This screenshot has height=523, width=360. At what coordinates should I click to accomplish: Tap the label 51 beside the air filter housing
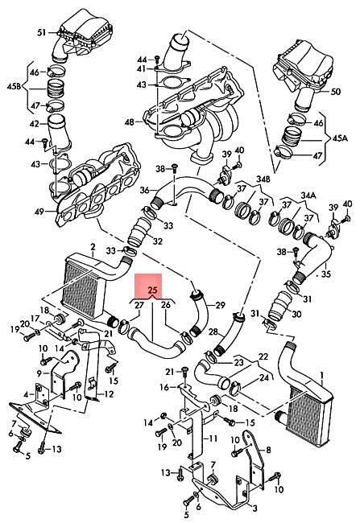coord(41,33)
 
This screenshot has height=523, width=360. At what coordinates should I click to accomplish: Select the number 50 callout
coord(335,91)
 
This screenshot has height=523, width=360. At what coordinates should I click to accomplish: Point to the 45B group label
coord(14,87)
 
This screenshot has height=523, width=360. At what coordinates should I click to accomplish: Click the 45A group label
coord(340,138)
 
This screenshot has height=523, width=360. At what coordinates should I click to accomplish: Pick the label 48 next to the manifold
coord(129,122)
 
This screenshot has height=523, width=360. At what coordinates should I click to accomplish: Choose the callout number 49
coord(39,211)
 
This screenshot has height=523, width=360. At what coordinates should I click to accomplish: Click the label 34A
coord(308,194)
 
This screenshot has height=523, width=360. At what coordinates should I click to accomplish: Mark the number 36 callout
coord(145,190)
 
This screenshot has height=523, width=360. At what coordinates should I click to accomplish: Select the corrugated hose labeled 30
coord(279,304)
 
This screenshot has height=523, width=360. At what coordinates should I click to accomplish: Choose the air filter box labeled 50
coord(304,72)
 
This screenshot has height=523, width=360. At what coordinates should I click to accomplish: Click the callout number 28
coord(213,332)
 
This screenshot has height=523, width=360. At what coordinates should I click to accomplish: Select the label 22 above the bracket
coord(263,356)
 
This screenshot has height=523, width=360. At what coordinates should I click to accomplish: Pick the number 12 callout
coord(109,394)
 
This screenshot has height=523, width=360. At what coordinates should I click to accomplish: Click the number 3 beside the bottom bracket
coord(254,508)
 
